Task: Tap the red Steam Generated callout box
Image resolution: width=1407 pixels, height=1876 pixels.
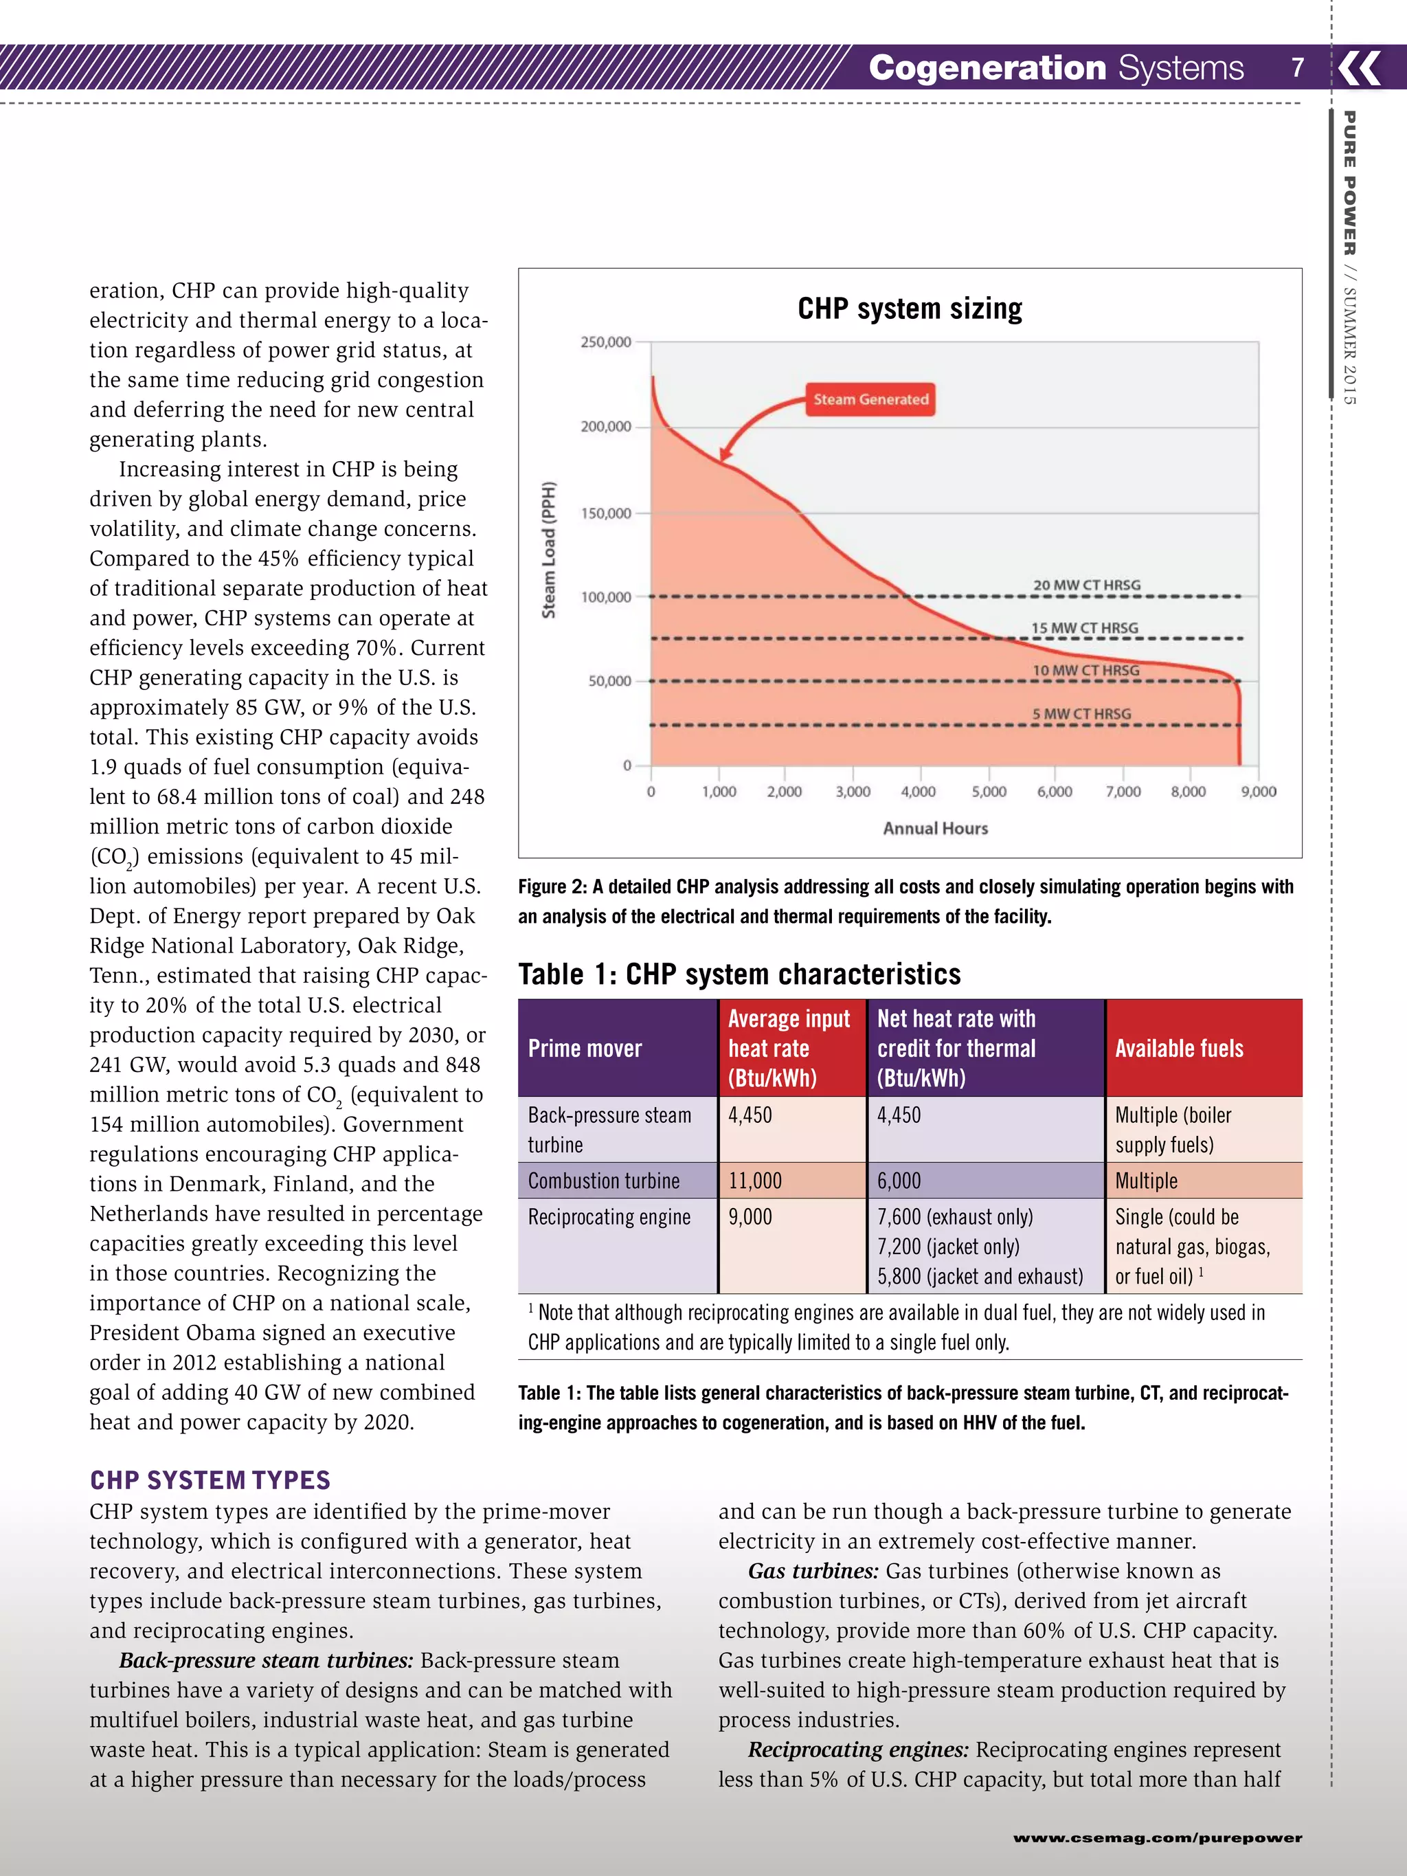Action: click(870, 399)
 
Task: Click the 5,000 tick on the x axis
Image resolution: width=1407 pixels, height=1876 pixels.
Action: click(988, 791)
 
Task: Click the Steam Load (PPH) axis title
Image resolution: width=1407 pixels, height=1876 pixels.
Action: click(549, 550)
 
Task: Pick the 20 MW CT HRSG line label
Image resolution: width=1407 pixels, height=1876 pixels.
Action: click(1086, 585)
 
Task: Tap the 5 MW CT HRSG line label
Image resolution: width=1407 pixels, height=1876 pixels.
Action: click(1081, 714)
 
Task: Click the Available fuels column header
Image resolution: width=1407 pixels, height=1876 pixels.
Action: click(1179, 1048)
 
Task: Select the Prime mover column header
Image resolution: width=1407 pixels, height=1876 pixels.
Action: click(585, 1048)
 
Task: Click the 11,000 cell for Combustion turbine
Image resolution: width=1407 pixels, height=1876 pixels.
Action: click(755, 1181)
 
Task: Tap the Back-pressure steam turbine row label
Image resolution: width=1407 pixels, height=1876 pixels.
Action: click(609, 1130)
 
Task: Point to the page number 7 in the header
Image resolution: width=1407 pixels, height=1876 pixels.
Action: click(1298, 67)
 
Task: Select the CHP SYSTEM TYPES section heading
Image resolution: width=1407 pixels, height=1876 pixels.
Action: click(210, 1480)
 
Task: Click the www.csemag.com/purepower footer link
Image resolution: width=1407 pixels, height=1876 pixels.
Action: click(1157, 1838)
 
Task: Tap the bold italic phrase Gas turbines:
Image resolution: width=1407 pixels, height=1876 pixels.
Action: click(813, 1571)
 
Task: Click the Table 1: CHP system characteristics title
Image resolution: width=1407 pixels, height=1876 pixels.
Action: click(739, 974)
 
